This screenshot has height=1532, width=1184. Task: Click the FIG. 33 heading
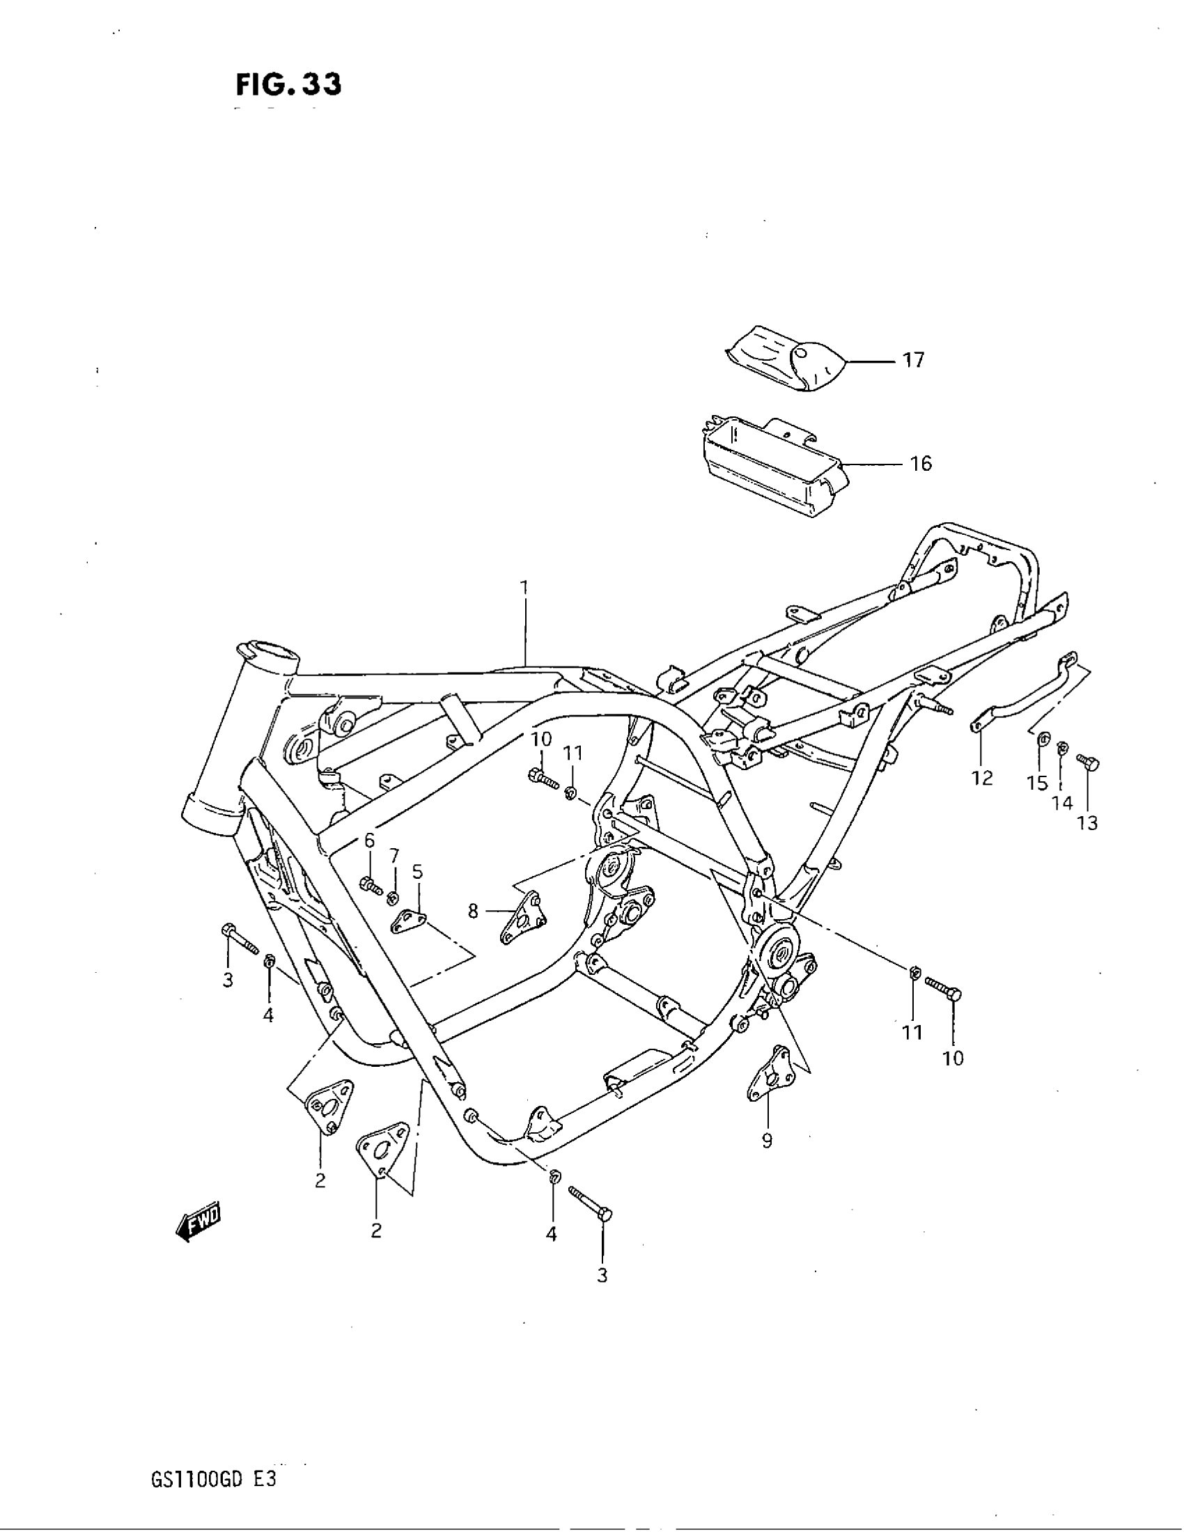[288, 85]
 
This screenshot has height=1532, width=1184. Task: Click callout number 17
[913, 361]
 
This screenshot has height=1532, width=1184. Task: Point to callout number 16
[920, 464]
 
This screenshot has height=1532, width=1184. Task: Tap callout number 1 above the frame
[524, 586]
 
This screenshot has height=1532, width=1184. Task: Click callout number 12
[982, 777]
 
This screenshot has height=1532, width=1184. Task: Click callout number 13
[1087, 823]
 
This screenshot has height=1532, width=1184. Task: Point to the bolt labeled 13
[1089, 763]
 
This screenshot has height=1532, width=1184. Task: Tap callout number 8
[473, 912]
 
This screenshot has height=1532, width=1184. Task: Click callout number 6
[369, 840]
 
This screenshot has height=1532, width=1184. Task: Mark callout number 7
[394, 855]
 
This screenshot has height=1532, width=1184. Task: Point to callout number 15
[1038, 783]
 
